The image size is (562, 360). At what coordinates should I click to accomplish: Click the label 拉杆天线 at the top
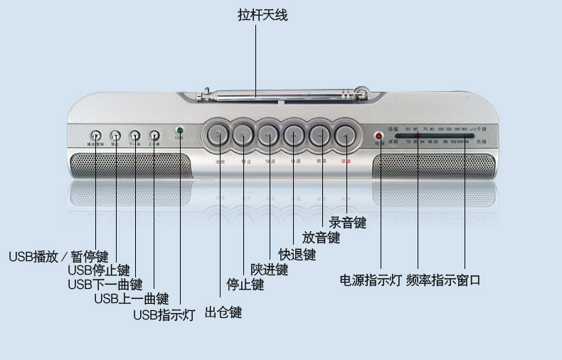click(x=263, y=14)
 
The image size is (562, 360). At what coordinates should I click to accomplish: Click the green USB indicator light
click(x=180, y=130)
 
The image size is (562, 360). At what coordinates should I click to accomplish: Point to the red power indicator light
click(x=378, y=135)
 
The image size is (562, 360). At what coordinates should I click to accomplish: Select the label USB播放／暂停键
click(x=58, y=256)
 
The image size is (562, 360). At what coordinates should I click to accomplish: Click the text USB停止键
click(x=99, y=270)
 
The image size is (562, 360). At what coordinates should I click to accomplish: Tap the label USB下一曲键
click(x=105, y=285)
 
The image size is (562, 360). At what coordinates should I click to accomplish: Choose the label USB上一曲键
click(x=132, y=299)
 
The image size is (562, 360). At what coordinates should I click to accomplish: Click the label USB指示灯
click(x=164, y=314)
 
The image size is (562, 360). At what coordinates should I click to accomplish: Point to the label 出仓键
click(x=223, y=312)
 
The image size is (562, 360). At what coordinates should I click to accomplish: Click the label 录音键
click(x=348, y=223)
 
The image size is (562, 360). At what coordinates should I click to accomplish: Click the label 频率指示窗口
click(x=444, y=280)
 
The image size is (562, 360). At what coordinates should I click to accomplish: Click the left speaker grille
click(x=131, y=166)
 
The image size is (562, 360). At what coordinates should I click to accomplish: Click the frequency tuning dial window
click(x=435, y=135)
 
